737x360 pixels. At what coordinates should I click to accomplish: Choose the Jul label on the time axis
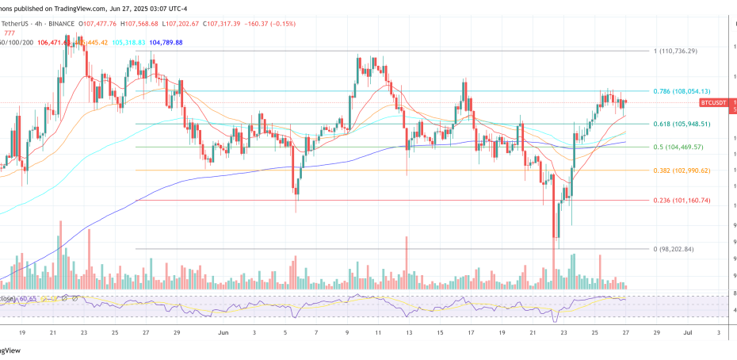tap(688, 334)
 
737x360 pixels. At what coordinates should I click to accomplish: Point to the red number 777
tap(10, 33)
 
